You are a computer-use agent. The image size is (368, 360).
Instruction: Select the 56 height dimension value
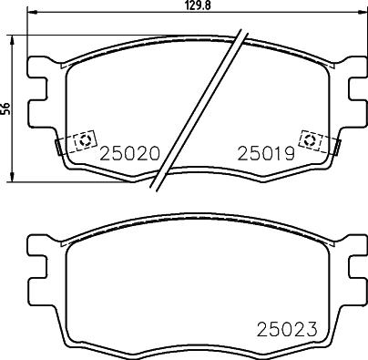coord(5,107)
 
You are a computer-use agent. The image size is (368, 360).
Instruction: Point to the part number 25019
coord(263,155)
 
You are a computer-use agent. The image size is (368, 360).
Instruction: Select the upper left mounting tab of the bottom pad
coord(37,244)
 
